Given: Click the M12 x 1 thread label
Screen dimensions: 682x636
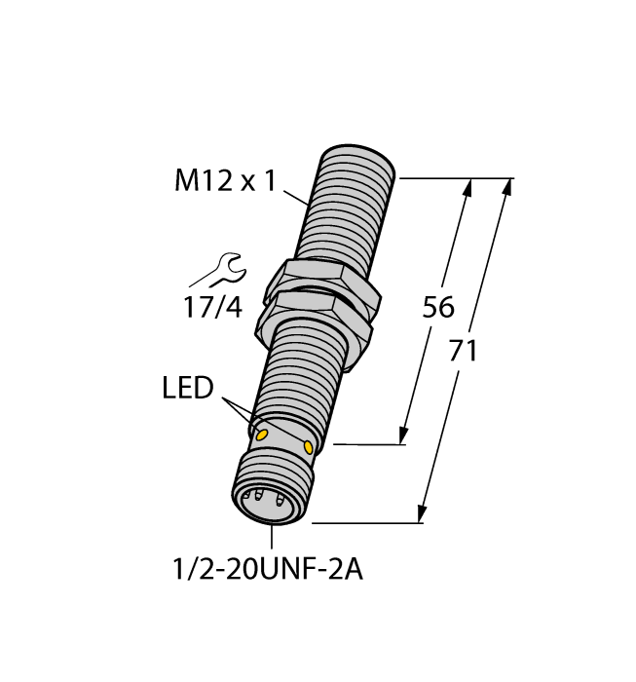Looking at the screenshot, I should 225,180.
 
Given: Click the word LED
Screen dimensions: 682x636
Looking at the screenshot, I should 187,389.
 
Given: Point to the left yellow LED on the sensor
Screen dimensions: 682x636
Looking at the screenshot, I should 260,433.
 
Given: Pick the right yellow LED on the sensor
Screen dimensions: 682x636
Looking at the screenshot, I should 309,447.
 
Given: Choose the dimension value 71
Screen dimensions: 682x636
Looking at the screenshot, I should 463,351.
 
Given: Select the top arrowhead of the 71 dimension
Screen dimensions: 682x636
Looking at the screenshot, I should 506,188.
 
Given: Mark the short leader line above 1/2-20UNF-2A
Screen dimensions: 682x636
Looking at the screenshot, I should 270,537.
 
